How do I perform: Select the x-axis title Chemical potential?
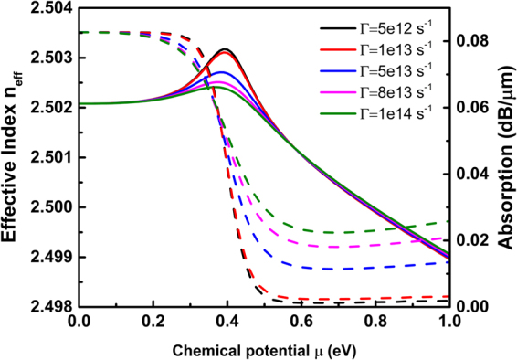(263, 347)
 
